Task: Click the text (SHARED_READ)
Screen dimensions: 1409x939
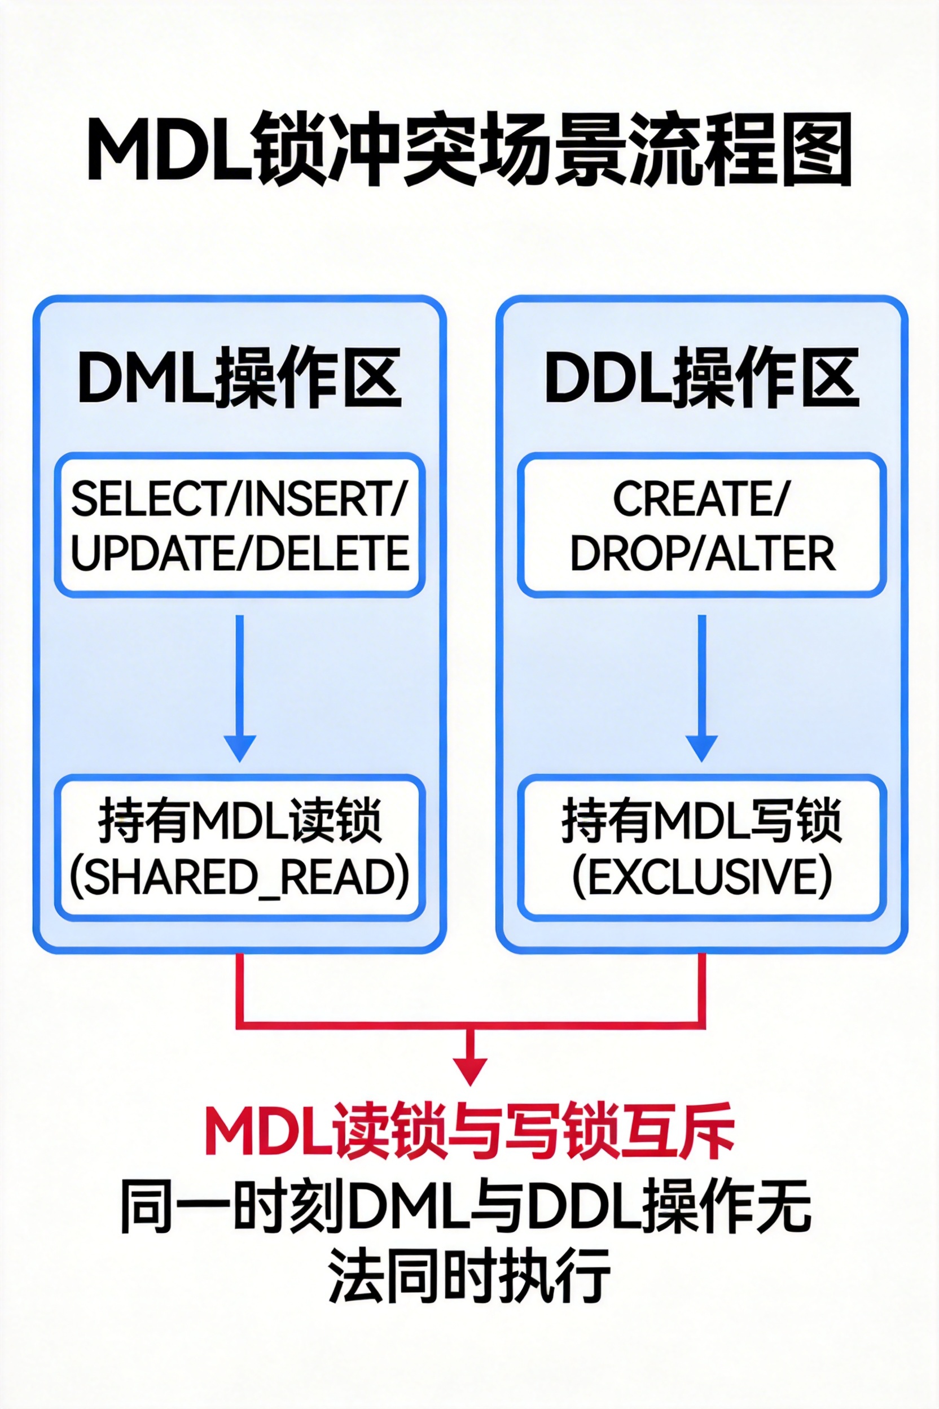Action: point(239,877)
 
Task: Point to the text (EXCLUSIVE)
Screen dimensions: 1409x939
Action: point(702,877)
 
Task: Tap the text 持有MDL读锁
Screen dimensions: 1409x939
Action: point(239,821)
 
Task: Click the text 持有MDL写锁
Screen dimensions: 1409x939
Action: point(702,821)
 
